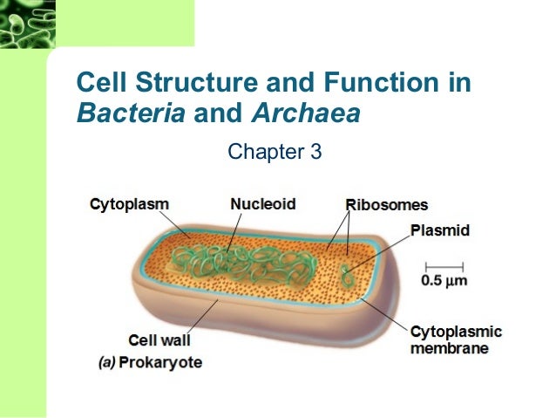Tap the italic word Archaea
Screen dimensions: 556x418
tap(305, 113)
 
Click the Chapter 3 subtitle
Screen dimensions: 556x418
tap(275, 154)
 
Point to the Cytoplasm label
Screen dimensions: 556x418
tap(129, 203)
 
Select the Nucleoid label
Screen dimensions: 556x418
tap(262, 203)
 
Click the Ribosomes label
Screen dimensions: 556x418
tap(386, 205)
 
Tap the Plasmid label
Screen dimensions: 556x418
tap(440, 230)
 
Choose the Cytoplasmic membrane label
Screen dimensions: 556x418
tap(456, 339)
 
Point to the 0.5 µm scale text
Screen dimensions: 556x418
tap(444, 281)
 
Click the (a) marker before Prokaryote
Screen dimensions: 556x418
tap(105, 361)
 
